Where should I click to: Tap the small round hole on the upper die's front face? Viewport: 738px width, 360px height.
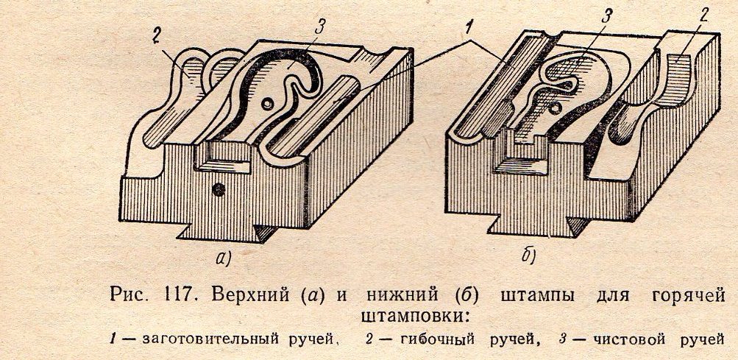pyautogui.click(x=217, y=190)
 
